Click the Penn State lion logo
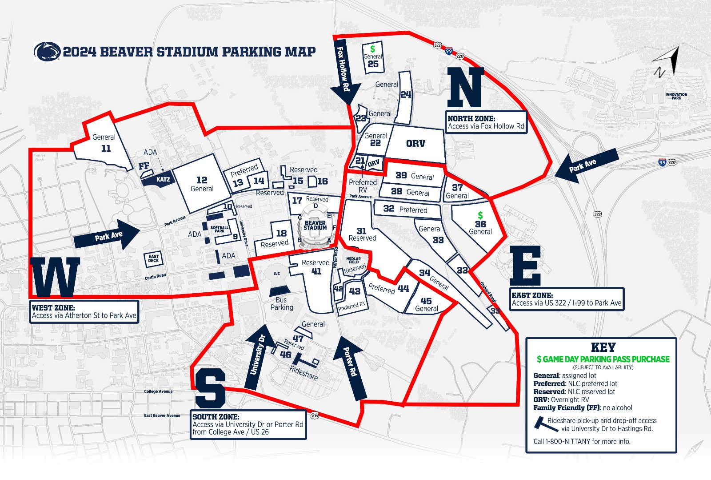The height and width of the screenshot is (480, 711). [x=47, y=52]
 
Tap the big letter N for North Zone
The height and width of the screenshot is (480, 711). [x=465, y=87]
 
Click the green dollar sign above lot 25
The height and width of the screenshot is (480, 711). [x=372, y=48]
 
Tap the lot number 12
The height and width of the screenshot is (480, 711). [x=202, y=180]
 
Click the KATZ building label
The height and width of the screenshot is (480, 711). [x=163, y=180]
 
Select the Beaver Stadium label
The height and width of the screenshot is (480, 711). [x=315, y=225]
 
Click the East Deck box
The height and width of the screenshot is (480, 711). [x=153, y=258]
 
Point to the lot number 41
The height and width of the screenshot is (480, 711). [x=316, y=271]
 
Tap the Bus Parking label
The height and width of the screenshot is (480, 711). [x=282, y=303]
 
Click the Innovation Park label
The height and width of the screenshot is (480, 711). [x=676, y=96]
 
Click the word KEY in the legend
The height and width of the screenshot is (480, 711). [x=603, y=347]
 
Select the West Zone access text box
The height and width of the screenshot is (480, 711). [x=84, y=311]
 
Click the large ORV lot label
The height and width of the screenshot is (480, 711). [x=415, y=144]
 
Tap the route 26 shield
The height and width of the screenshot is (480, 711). [x=315, y=415]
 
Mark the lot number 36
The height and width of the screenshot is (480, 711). [x=480, y=224]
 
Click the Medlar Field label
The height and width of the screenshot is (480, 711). [x=353, y=260]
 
